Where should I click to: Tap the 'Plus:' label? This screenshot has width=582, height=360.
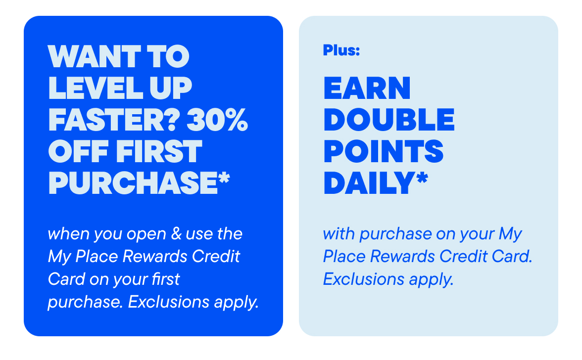341,50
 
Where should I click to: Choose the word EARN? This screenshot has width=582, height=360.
367,89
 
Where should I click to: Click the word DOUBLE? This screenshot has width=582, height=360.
389,120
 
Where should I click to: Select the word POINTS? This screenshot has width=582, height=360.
384,152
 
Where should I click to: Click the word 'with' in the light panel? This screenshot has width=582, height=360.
339,233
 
